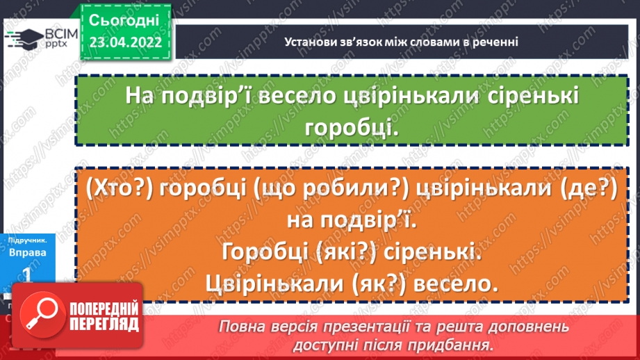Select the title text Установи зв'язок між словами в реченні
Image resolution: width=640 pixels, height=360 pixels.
tap(402, 42)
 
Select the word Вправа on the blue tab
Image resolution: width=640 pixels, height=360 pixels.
tap(28, 252)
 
